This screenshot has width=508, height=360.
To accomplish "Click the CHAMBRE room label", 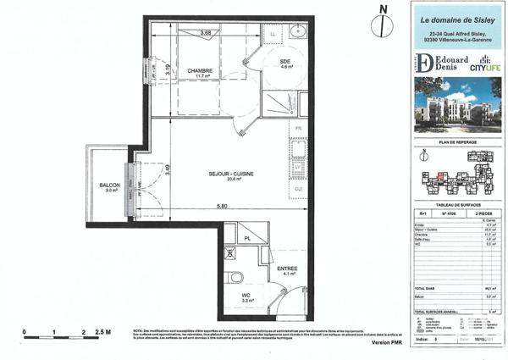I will (x=200, y=70).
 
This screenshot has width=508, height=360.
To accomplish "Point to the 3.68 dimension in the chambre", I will (x=206, y=32).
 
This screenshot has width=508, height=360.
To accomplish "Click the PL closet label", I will (x=246, y=239).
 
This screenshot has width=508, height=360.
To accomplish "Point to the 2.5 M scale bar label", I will (x=102, y=332).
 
